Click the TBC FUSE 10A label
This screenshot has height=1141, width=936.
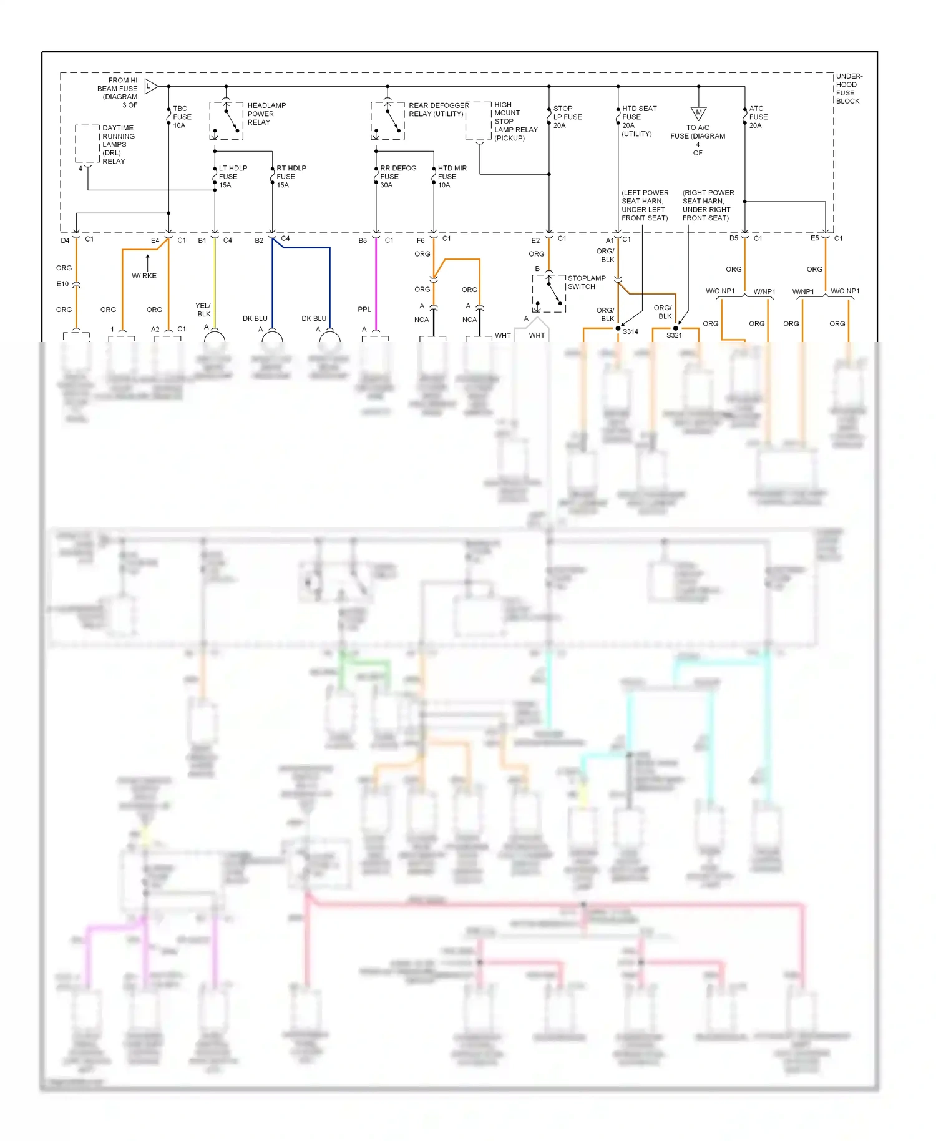coord(182,117)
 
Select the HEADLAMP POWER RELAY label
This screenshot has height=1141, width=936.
coord(266,114)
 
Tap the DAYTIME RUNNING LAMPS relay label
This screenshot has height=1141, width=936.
coord(118,145)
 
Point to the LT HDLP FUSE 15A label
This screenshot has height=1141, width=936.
coord(232,177)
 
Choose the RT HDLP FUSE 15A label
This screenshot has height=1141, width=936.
coord(291,177)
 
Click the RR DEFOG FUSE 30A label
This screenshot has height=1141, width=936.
coord(397,177)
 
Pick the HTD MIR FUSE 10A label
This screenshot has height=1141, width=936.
coord(452,177)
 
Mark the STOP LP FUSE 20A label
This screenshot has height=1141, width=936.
coord(567,117)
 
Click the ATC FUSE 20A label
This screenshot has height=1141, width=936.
coord(758,117)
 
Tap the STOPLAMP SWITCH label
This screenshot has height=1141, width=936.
coord(586,283)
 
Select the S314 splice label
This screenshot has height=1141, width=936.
coord(630,332)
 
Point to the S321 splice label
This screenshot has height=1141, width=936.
coord(674,336)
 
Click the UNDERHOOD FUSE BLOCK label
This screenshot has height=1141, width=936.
coord(848,89)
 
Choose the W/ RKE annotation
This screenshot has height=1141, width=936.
coord(144,276)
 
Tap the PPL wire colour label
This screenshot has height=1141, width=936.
coord(364,310)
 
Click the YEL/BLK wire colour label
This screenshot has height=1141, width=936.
coord(203,310)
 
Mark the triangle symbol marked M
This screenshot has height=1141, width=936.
coord(698,113)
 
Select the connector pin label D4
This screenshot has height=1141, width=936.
coord(65,240)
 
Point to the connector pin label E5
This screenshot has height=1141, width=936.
coord(814,238)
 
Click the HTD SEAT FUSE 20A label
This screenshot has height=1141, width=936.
coord(638,121)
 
